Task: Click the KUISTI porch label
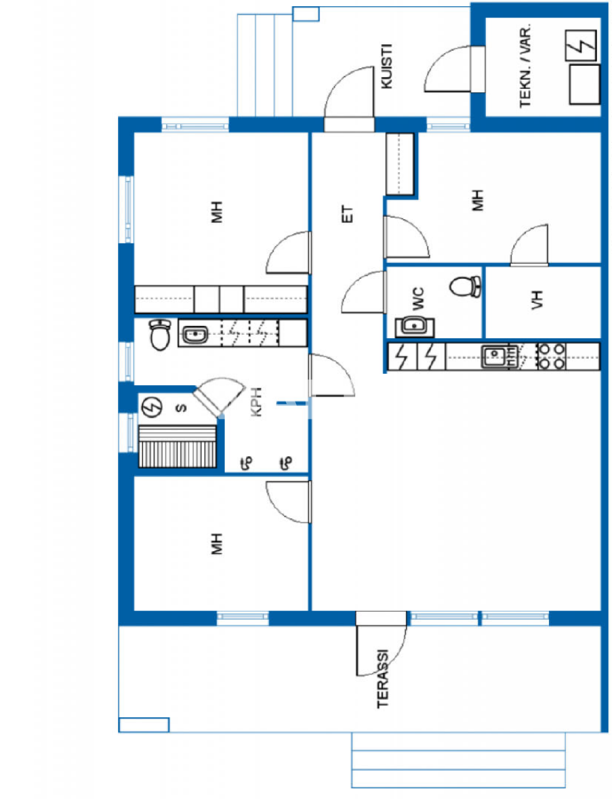click(387, 66)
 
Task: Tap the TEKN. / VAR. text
click(526, 67)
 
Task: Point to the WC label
click(418, 299)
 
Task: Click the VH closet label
click(538, 300)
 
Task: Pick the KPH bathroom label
click(256, 402)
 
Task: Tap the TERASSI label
click(383, 679)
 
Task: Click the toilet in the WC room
click(465, 287)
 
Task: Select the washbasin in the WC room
click(413, 325)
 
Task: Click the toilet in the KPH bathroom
click(160, 335)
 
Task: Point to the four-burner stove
click(552, 356)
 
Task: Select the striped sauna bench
click(177, 446)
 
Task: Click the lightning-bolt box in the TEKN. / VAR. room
click(581, 47)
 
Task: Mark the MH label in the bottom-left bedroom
click(217, 544)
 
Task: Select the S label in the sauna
click(181, 408)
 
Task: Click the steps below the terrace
click(458, 760)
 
